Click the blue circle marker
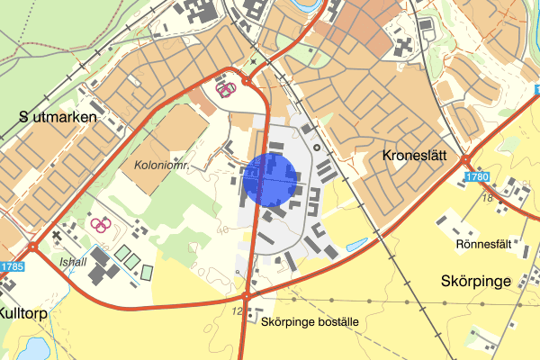coord(269,179)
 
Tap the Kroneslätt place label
coord(414,155)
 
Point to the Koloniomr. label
coord(158,166)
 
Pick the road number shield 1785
coord(10,267)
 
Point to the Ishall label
coord(74,262)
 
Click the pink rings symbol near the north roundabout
coord(224,88)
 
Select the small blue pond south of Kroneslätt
coord(356,244)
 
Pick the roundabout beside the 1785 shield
coord(32,247)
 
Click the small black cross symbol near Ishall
coord(57,236)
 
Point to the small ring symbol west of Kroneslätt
coord(317,146)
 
